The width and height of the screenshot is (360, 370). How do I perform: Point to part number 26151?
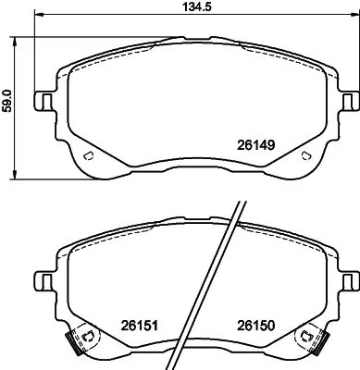pos(136,325)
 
